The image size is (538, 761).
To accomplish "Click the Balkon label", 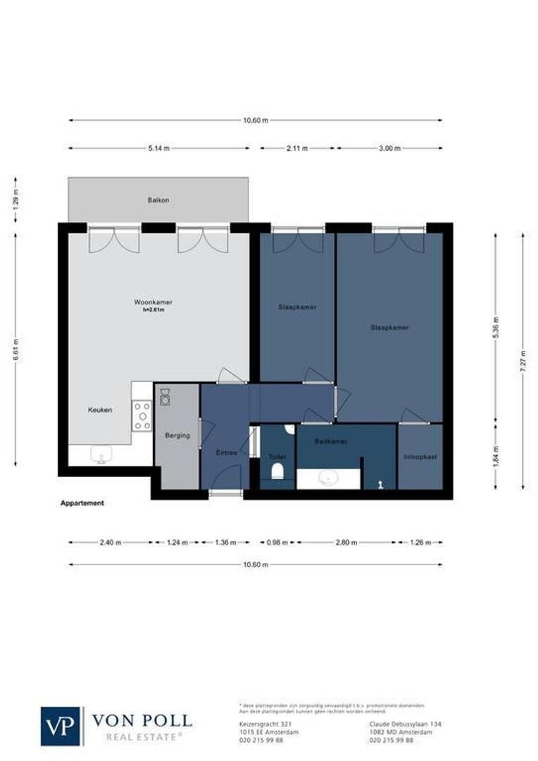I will coord(158,200).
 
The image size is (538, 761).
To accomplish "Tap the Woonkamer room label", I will coord(154,302).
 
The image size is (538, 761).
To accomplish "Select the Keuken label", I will coord(99,409).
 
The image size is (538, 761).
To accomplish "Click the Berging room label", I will coord(177,435).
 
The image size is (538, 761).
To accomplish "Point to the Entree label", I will coord(227,452).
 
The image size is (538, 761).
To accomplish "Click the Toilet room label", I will coord(277,457).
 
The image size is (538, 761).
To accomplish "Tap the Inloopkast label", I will coord(420,457).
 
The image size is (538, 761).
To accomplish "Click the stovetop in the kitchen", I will coord(142,416).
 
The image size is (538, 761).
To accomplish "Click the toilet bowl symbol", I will coord(277,471).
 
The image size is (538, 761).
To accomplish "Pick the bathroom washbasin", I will coord(328,479).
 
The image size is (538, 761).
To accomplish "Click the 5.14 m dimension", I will coord(158,149).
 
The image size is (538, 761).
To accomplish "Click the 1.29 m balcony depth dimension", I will coord(15,199).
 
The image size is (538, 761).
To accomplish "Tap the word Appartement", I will coord(82,503).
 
